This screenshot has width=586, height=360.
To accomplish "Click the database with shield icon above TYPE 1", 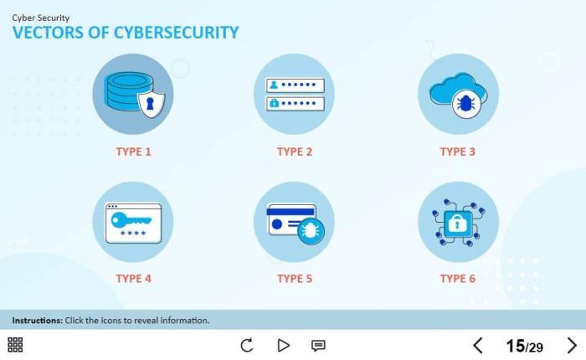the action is click(132, 94).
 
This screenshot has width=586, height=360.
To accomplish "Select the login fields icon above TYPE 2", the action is click(294, 94).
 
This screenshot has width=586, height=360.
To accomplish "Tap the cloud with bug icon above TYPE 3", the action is click(458, 94).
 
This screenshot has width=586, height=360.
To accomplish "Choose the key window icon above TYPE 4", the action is click(132, 222).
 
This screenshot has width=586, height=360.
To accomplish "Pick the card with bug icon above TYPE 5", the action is click(294, 222).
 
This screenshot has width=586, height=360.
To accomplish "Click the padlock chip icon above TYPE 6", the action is click(458, 222).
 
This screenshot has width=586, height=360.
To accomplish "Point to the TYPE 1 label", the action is click(133, 152).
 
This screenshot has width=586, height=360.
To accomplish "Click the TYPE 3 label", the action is click(457, 152).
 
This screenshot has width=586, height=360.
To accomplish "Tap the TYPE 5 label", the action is click(295, 279).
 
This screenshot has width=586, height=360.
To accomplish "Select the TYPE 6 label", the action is click(457, 279).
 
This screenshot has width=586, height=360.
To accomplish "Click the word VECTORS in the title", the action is click(49, 33).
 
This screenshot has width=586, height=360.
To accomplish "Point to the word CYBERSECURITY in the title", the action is click(176, 33).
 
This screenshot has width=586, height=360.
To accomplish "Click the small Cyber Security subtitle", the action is click(41, 18).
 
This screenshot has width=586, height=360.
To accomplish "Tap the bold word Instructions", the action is click(38, 321).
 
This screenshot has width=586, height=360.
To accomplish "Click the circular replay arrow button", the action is click(247, 345).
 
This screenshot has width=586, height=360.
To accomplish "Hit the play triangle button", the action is click(283, 345).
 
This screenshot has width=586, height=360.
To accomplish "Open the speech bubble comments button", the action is click(318, 346).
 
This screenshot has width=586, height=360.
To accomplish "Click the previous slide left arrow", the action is click(478, 346).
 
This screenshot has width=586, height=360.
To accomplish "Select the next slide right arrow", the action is click(572, 346).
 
